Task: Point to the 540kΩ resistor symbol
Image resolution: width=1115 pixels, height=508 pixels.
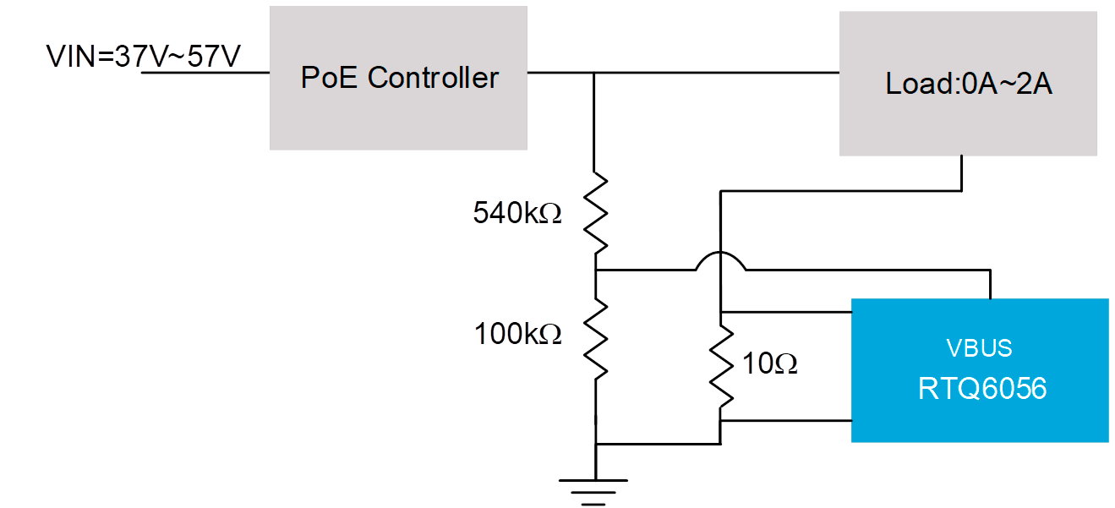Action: pyautogui.click(x=597, y=212)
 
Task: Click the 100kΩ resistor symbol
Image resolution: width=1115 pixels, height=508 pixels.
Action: pyautogui.click(x=597, y=340)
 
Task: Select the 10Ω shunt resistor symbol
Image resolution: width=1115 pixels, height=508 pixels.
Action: pyautogui.click(x=721, y=367)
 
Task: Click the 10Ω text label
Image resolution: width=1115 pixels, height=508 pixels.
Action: pyautogui.click(x=770, y=364)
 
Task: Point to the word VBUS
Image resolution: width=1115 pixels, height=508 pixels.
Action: pyautogui.click(x=979, y=348)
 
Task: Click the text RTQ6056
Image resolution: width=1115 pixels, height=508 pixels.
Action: pyautogui.click(x=981, y=388)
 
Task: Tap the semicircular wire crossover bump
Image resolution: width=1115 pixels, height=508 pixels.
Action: pyautogui.click(x=721, y=261)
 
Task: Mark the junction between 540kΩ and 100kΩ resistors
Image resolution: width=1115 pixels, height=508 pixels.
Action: pyautogui.click(x=597, y=270)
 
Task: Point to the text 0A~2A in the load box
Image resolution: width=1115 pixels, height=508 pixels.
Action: pyautogui.click(x=1007, y=85)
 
